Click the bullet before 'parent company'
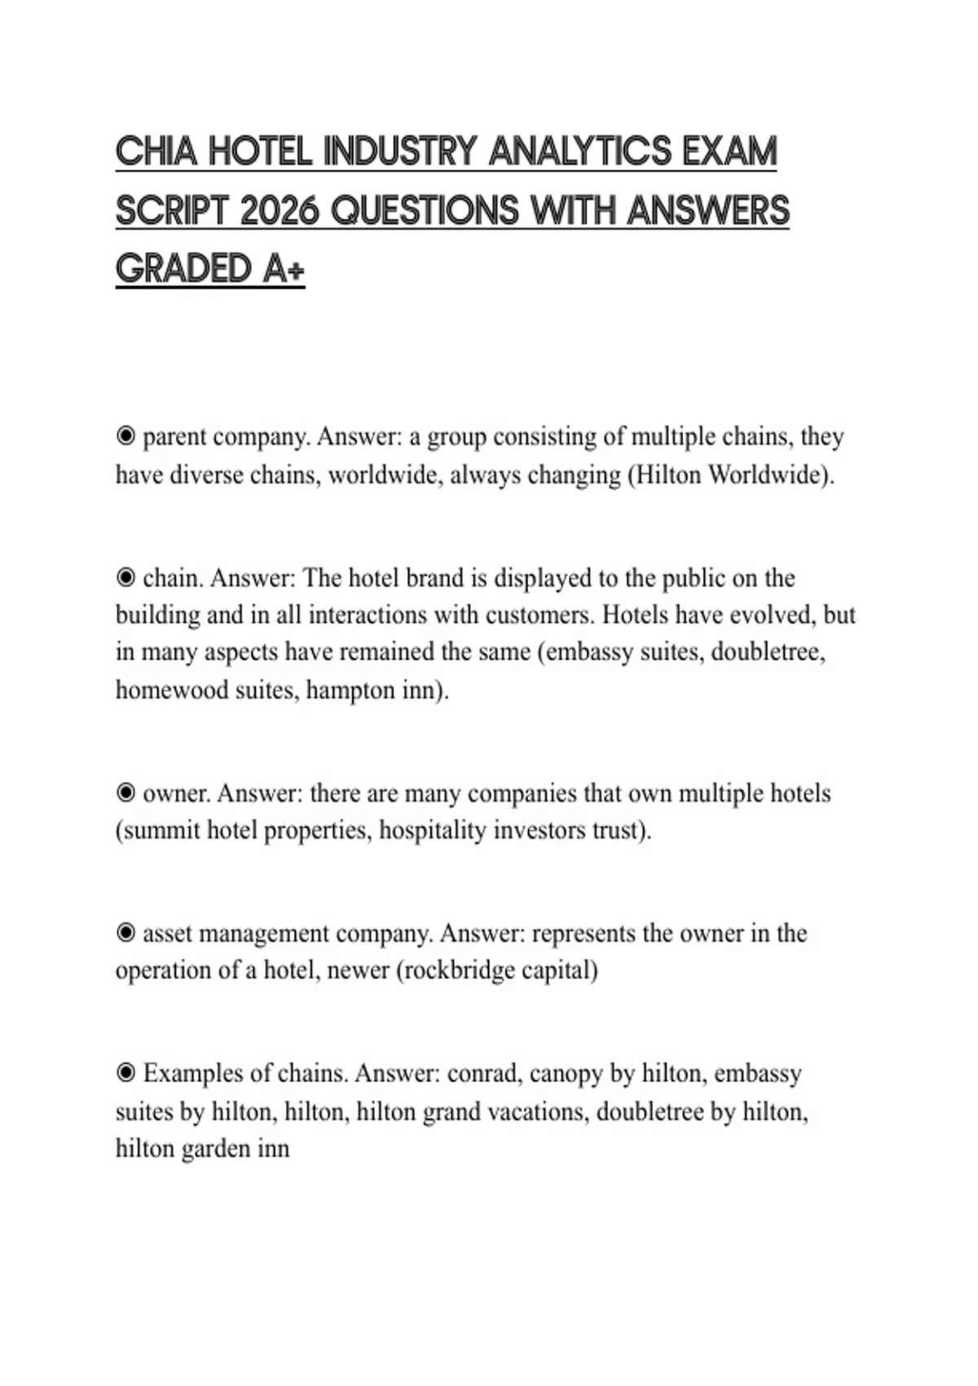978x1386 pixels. click(x=126, y=437)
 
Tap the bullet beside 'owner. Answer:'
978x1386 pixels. click(x=126, y=792)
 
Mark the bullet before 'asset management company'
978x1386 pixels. click(x=126, y=933)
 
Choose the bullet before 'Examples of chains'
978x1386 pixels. click(x=126, y=1073)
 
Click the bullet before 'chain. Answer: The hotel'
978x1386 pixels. click(x=126, y=578)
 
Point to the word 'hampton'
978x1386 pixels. click(x=350, y=691)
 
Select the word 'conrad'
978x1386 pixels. click(x=484, y=1074)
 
